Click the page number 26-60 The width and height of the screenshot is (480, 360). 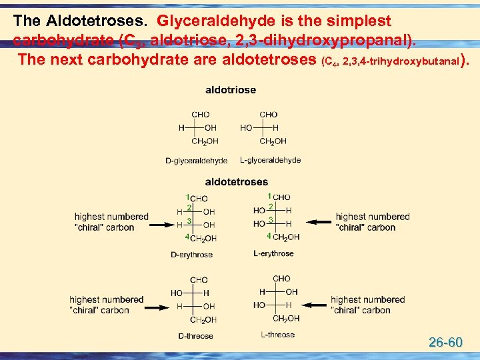[x=446, y=343]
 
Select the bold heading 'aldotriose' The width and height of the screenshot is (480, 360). [x=231, y=90]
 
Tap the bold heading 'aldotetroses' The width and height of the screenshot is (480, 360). [x=237, y=181]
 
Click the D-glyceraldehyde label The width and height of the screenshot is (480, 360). [x=197, y=161]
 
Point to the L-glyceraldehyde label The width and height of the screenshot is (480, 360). [x=271, y=160]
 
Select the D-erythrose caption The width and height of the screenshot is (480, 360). [x=192, y=255]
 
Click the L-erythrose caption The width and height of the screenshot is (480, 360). [x=273, y=253]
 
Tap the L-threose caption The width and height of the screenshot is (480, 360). [x=278, y=335]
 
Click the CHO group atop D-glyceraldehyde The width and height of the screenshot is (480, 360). [x=201, y=115]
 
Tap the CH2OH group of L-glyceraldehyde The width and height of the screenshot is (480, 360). [x=273, y=141]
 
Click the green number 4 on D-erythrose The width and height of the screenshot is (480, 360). [x=187, y=236]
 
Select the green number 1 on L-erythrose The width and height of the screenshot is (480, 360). [x=269, y=196]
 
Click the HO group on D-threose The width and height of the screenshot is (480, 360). [x=177, y=293]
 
